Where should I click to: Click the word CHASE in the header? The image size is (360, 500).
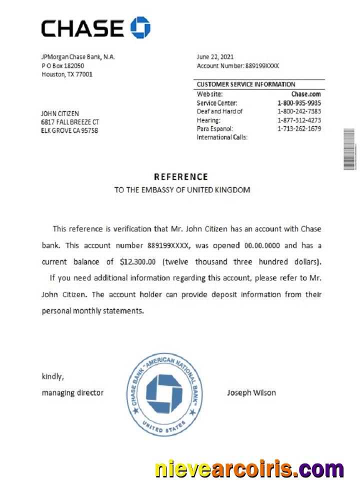pos(82,28)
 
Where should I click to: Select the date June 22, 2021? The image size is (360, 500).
pos(215,57)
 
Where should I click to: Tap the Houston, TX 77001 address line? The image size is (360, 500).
pos(66,74)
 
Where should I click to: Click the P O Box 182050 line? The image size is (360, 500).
pos(62,65)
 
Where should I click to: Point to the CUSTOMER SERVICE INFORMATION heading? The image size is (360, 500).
pos(246,84)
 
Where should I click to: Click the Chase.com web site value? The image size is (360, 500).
pos(305,94)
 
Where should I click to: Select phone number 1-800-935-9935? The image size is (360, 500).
pos(299,103)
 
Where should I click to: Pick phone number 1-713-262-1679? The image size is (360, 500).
pos(299,128)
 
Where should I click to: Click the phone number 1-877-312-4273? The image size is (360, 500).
pos(299,120)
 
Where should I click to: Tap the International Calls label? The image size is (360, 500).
pos(222,137)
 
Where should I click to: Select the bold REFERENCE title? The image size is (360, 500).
pos(180,177)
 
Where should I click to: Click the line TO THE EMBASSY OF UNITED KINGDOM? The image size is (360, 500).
pos(182,190)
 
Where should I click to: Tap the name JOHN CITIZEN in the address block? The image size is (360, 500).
pos(60,113)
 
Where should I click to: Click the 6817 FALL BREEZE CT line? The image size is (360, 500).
pos(70,122)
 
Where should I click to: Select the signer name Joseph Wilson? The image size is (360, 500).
pos(251,392)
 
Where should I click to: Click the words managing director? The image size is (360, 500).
pos(72,392)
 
